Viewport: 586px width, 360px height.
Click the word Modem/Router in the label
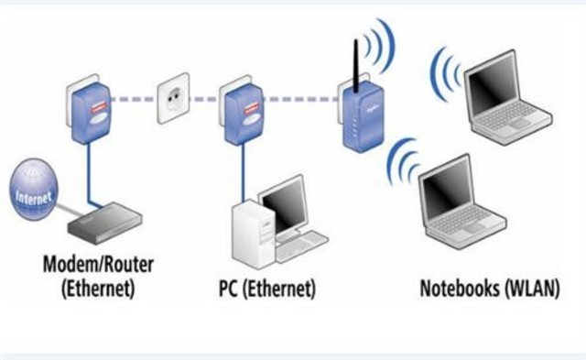[99, 266]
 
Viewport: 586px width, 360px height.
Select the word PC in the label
[230, 289]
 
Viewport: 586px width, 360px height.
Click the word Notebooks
[463, 289]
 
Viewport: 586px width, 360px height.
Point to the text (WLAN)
[536, 289]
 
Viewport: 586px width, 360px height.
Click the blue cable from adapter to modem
[89, 174]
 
